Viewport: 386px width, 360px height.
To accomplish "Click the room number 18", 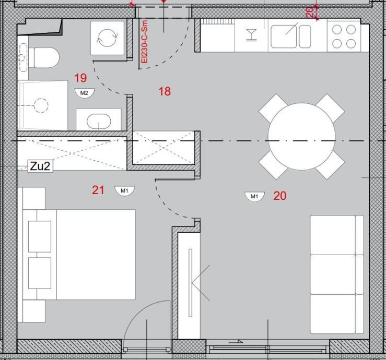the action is click(165, 91).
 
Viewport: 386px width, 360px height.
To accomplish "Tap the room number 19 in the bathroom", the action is click(80, 78).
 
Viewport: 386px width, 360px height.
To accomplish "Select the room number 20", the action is click(280, 196).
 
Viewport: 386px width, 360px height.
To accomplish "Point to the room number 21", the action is click(98, 190).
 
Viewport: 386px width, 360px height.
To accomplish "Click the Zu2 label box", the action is click(40, 166).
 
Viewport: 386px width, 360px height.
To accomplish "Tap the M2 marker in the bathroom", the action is click(85, 93).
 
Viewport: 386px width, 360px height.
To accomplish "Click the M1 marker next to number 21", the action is click(124, 191).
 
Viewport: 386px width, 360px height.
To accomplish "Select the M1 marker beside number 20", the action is click(254, 197).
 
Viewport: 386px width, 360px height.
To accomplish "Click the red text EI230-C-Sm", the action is click(145, 42).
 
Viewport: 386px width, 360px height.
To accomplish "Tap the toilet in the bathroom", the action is click(44, 58).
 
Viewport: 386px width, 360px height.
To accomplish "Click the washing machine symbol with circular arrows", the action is click(107, 38).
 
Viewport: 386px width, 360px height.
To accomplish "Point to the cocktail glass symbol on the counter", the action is click(251, 34).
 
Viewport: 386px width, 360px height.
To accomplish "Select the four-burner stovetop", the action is click(344, 37).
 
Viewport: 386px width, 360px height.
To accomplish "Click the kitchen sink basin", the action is click(284, 37).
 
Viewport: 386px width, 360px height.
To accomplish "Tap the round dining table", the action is click(301, 137).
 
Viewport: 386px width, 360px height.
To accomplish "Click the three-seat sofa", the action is click(337, 274).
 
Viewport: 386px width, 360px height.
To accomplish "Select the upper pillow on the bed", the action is click(40, 236).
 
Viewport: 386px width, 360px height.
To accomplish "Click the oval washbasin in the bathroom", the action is click(99, 121).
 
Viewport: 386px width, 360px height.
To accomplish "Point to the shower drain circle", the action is click(41, 105).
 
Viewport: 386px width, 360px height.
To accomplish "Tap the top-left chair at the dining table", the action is click(273, 107).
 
